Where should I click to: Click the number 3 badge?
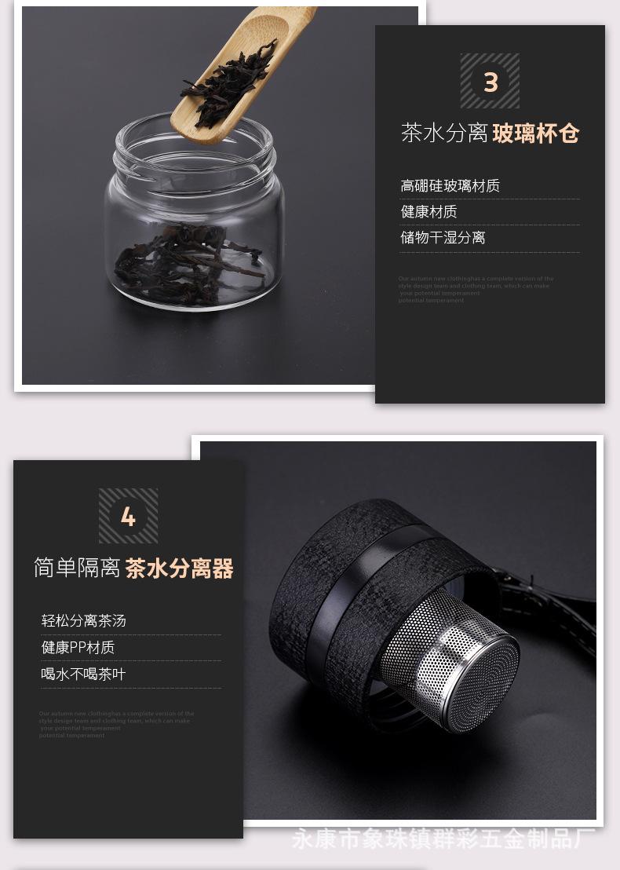point(490,81)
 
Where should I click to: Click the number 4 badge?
point(128,516)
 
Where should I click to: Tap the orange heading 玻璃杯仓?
point(536,133)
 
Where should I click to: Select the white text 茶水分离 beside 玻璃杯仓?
point(444,133)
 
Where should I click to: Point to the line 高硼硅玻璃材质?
point(450,186)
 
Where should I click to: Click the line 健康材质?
point(429,212)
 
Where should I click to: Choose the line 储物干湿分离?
point(443,238)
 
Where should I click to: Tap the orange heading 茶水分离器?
point(180,568)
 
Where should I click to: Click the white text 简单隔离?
point(77,568)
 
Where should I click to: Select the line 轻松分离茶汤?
point(83,621)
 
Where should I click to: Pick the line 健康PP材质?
point(78,648)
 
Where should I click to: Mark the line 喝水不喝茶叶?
point(83,674)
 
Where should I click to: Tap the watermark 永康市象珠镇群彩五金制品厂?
point(443,839)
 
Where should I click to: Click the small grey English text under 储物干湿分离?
point(475,289)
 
